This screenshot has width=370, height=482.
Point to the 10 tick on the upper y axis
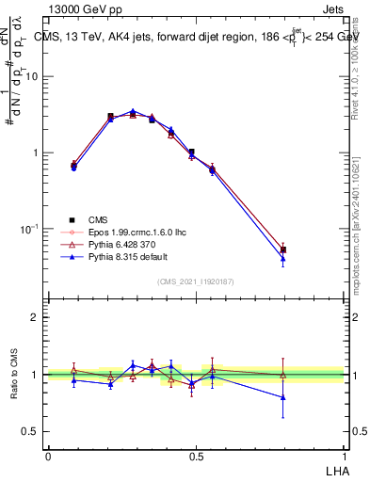click(32, 76)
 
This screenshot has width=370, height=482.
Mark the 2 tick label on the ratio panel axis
click(36, 317)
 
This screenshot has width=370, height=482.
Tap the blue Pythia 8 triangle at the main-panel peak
click(133, 111)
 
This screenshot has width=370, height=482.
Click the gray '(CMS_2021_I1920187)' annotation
click(196, 281)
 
